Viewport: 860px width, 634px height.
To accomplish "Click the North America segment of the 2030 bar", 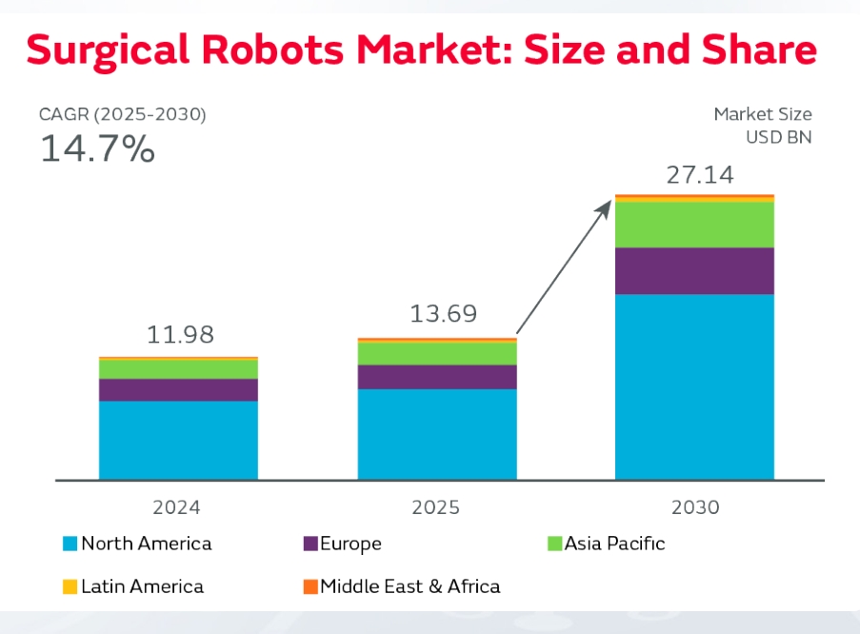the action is (694, 387).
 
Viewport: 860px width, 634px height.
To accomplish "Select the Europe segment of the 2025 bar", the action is (437, 377).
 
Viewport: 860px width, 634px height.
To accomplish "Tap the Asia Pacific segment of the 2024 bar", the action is (178, 369).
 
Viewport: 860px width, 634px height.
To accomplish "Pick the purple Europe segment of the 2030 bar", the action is (694, 271).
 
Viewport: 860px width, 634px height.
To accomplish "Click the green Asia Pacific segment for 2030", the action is (694, 225).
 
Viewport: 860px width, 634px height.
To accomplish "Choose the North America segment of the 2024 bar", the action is (178, 441).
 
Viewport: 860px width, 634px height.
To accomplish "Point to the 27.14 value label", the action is (700, 175).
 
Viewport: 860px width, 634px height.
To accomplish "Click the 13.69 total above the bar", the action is (443, 314).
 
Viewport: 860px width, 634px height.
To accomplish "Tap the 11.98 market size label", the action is (180, 334).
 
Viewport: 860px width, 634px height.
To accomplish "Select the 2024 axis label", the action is (176, 507).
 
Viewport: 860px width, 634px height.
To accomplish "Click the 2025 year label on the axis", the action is (436, 507).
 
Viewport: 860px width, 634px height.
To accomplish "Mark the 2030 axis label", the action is (695, 507).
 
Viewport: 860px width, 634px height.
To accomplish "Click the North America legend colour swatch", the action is (70, 544).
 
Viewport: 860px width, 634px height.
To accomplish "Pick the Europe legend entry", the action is (343, 544).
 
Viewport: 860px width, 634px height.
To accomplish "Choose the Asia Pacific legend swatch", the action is (554, 544).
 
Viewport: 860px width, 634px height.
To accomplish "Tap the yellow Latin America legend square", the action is (70, 586).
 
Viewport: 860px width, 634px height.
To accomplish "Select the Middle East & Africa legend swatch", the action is (310, 586).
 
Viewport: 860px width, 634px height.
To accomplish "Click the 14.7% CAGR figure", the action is (98, 149).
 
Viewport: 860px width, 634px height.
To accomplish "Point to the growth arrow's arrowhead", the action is (605, 208).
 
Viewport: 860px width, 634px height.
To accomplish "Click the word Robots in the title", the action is (272, 50).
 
